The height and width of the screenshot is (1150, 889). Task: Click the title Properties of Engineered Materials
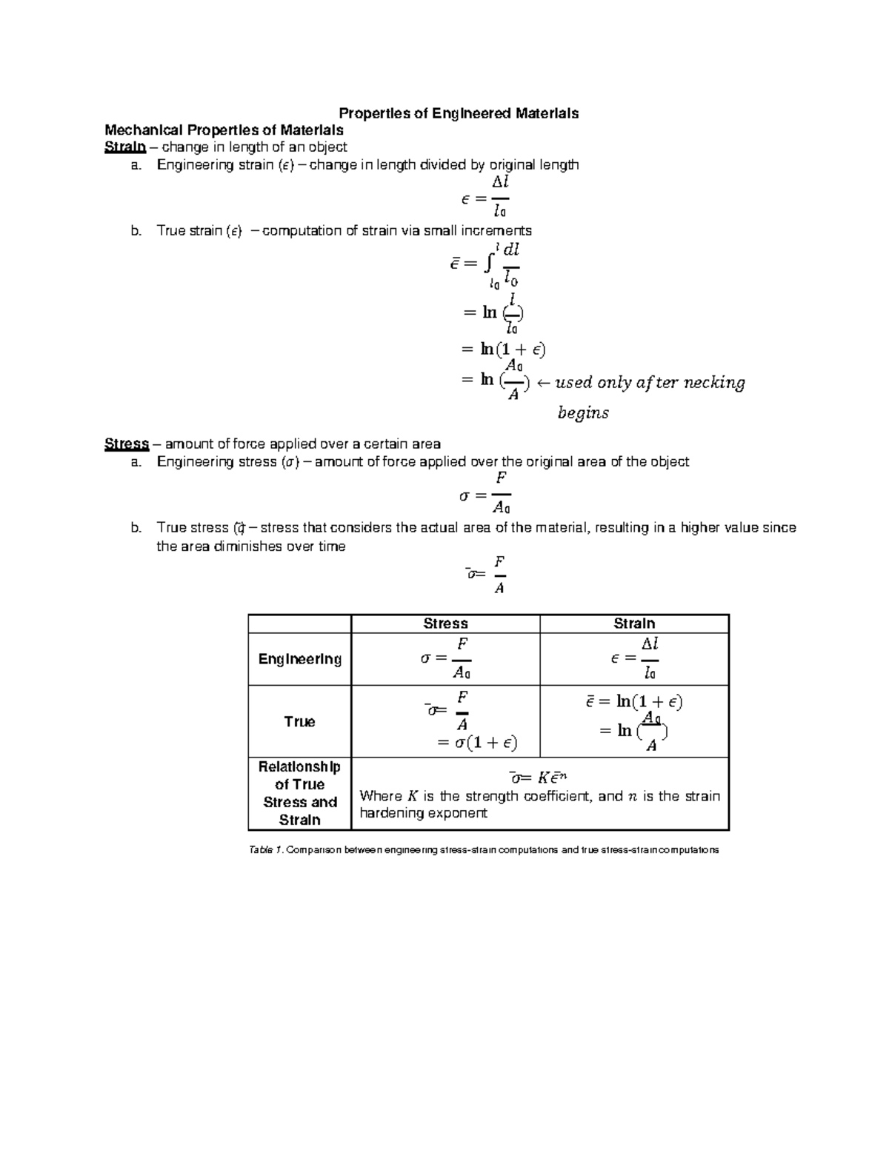coord(459,113)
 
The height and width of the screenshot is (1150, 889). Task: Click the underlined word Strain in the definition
coord(124,147)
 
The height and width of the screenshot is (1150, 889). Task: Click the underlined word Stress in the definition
coord(127,444)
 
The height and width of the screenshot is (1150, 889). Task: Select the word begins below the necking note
coord(583,413)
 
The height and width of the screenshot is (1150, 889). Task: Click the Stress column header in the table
coord(445,624)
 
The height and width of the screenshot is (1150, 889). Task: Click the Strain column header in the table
coord(634,624)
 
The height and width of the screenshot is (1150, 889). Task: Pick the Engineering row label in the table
coord(299,659)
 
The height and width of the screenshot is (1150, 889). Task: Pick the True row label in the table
coord(299,721)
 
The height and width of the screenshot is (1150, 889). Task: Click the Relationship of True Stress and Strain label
coord(299,793)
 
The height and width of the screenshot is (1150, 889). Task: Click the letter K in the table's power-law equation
coord(543,778)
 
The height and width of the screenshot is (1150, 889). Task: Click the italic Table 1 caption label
coord(266,850)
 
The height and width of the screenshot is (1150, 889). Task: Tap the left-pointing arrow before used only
coord(542,383)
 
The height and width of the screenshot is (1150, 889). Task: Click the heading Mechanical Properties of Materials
coord(224,130)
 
